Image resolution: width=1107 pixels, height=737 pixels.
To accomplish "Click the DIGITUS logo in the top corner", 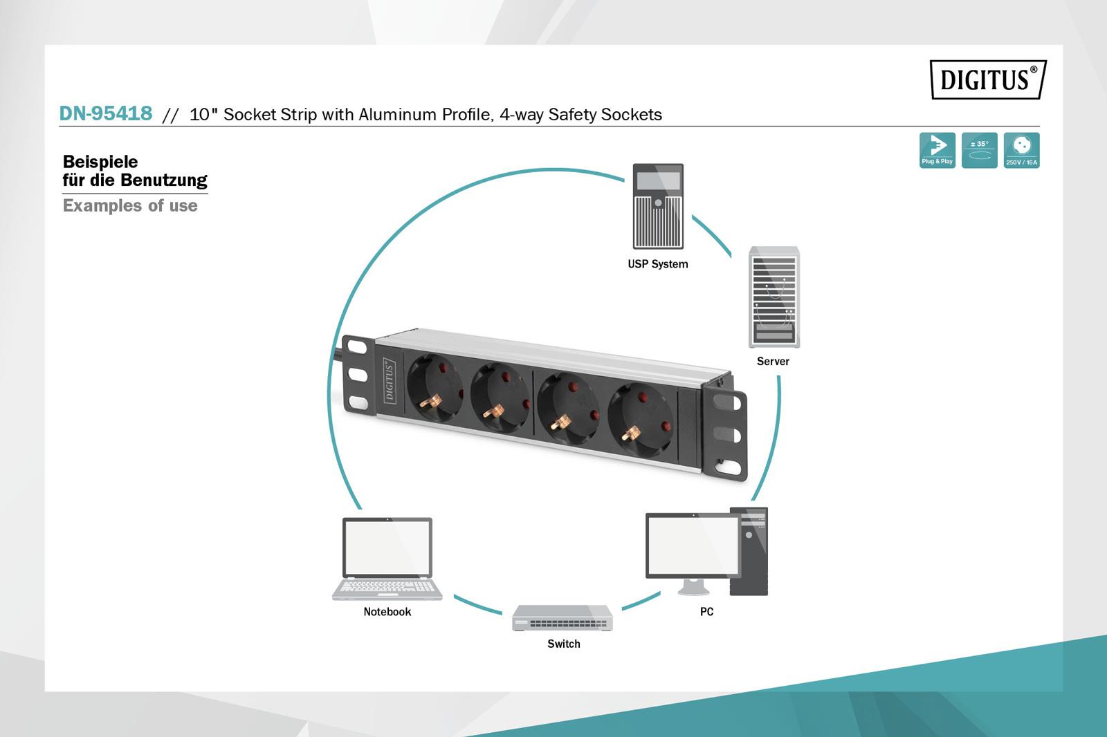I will (x=987, y=80).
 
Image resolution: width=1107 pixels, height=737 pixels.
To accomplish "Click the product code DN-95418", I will (x=106, y=113).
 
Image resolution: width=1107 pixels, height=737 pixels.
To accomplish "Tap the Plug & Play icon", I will (x=937, y=150).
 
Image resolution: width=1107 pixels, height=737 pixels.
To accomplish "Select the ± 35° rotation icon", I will (x=979, y=150).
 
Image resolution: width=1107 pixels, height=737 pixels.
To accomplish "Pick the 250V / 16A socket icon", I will (x=1021, y=150).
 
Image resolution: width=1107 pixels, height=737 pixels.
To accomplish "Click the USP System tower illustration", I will (x=658, y=206).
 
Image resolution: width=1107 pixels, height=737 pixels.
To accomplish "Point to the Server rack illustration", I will (x=774, y=297).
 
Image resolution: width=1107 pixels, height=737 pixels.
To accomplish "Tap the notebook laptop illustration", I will (x=387, y=559).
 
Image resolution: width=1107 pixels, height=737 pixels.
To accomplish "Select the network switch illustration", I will (x=562, y=617).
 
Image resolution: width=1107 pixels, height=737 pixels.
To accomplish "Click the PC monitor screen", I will (x=692, y=545).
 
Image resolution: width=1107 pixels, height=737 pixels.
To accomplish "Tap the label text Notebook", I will (x=387, y=612).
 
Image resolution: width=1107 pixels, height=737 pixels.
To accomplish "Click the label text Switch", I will (x=563, y=644).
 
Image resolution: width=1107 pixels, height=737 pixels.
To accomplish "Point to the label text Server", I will (x=773, y=361).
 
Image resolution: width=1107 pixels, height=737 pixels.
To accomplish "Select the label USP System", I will (x=657, y=264).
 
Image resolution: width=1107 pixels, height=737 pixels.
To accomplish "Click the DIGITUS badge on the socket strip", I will (x=389, y=380).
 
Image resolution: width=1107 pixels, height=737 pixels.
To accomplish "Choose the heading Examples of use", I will (x=130, y=205).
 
